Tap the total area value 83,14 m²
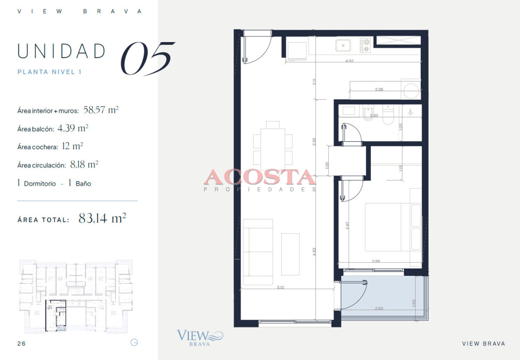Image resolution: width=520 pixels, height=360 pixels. [x=102, y=218]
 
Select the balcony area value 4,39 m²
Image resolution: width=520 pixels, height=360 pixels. [x=73, y=128]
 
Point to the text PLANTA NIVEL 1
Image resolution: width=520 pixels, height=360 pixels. [x=49, y=72]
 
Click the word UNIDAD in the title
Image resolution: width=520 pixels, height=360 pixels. [x=61, y=51]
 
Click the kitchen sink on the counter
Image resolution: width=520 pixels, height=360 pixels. [x=344, y=44]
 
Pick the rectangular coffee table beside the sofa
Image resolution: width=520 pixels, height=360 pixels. [x=290, y=254]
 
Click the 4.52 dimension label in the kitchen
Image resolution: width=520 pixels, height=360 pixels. [x=349, y=61]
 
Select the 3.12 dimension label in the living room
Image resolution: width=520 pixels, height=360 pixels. [x=280, y=287]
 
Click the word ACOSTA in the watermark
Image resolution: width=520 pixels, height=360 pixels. [x=260, y=177]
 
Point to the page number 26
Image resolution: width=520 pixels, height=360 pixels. [x=21, y=344]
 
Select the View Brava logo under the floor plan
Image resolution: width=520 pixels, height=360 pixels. [x=199, y=337]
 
